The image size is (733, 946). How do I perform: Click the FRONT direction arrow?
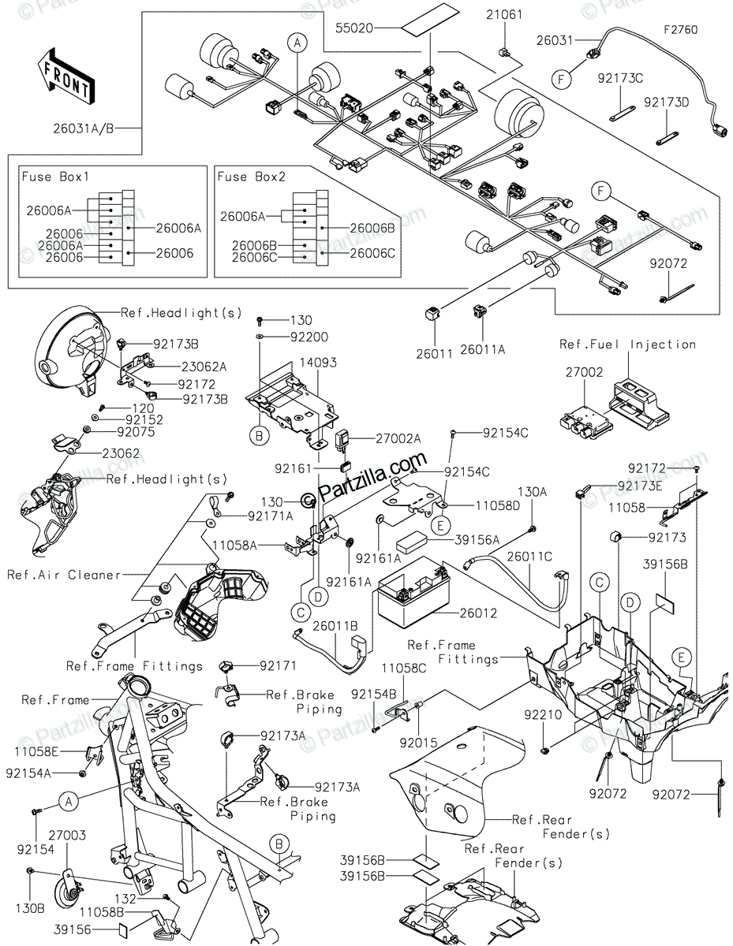point(65,77)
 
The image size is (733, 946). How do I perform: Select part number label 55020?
point(354,28)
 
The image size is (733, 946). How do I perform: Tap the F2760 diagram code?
point(680,30)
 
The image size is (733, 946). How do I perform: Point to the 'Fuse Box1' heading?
point(55,177)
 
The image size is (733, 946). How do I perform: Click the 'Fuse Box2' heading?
point(251,177)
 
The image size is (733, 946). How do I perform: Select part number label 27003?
point(67,835)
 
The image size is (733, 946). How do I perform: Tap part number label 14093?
point(318,362)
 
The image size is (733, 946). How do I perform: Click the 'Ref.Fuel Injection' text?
point(627,345)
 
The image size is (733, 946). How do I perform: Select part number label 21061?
point(504,15)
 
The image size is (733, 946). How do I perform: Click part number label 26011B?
point(335,626)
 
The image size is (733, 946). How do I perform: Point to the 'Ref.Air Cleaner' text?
point(64,575)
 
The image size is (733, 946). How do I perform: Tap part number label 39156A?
point(477,540)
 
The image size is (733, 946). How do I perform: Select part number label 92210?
point(543,714)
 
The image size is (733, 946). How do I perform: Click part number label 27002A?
point(398,438)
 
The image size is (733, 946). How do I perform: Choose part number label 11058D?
point(497,506)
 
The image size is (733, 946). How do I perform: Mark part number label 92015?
point(418,743)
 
